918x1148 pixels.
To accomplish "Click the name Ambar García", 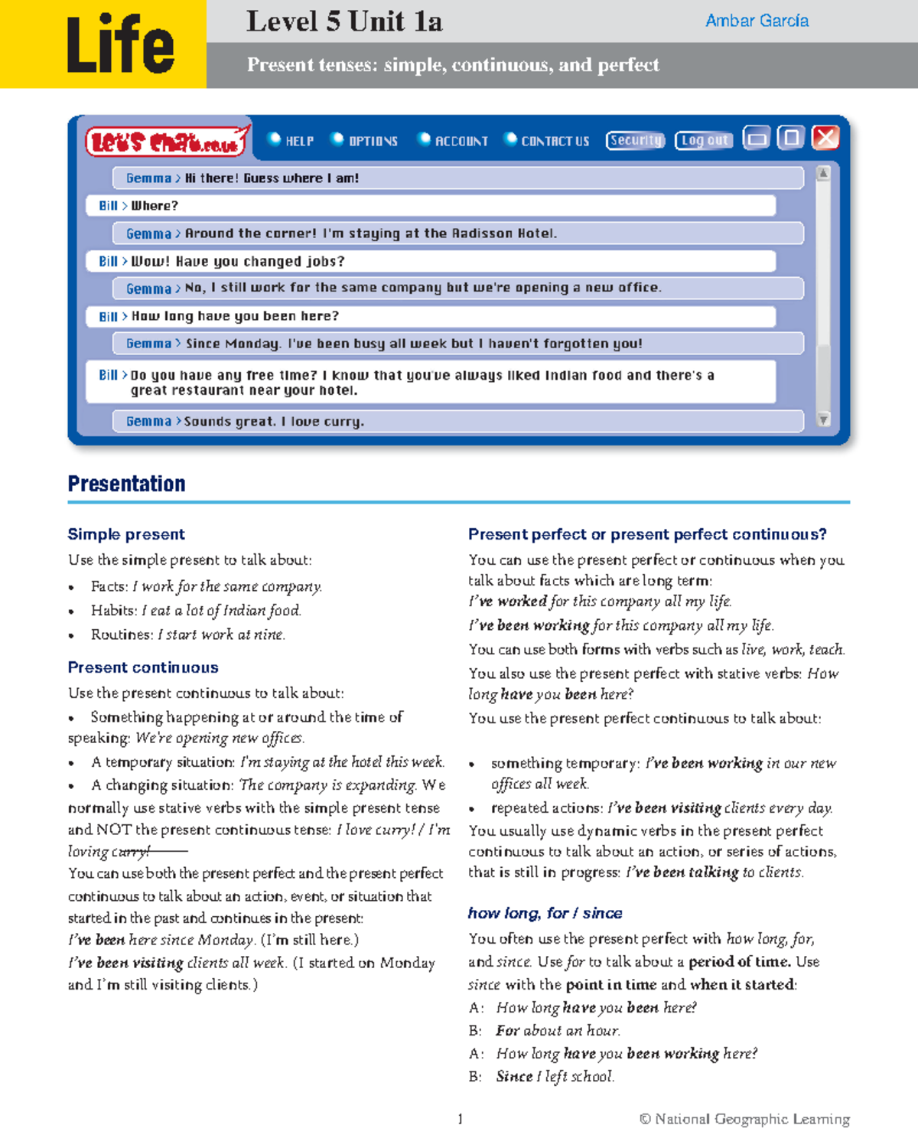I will (x=757, y=21).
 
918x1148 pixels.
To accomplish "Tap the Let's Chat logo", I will (x=166, y=142).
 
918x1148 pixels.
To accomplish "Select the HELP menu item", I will (x=291, y=141).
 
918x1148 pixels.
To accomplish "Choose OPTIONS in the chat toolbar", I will (x=365, y=141).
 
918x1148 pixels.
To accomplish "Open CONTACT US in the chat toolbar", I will (x=548, y=141).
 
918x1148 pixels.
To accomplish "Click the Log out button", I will (x=704, y=140).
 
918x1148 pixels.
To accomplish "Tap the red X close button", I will (x=825, y=138).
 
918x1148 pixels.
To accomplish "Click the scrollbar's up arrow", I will (x=823, y=174).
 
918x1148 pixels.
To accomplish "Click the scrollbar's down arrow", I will (x=823, y=419).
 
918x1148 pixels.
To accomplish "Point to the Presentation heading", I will (x=126, y=484).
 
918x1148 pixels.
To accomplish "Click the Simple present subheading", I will (x=126, y=534).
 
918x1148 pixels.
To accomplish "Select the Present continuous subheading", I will (x=143, y=667).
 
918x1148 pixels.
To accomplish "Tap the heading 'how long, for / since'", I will (x=545, y=913).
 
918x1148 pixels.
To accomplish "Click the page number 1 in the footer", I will (x=460, y=1119).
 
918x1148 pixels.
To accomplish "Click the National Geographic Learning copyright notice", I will (x=744, y=1119).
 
